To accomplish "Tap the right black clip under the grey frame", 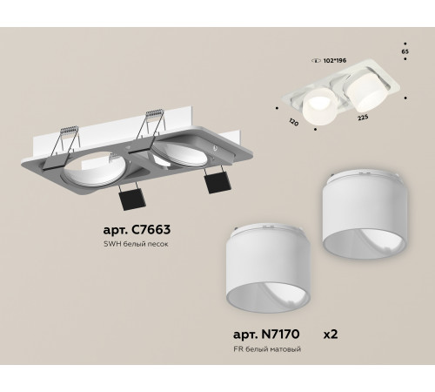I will pos(214,183).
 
